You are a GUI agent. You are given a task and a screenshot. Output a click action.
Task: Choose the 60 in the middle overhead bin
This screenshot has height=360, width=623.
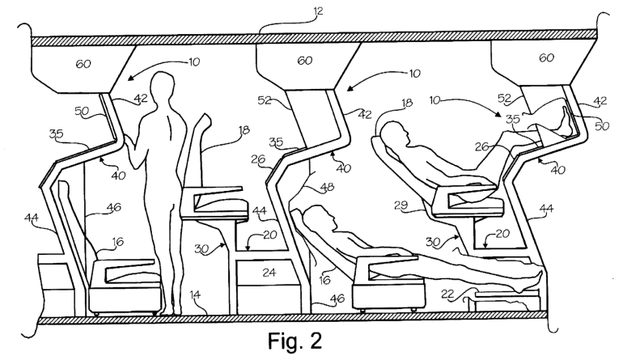point(304,60)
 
